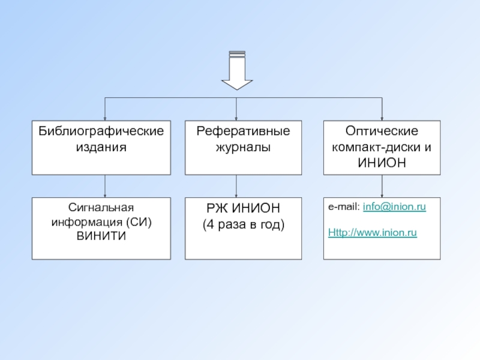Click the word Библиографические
click(101, 131)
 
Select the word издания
click(101, 147)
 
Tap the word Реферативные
click(243, 131)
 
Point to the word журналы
click(243, 147)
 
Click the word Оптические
click(382, 131)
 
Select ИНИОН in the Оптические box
click(382, 163)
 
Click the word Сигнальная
click(101, 208)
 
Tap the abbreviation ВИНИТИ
click(101, 236)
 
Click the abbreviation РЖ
click(217, 208)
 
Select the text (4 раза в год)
click(244, 224)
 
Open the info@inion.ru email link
click(394, 207)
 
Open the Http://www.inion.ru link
click(372, 233)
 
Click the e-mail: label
click(344, 207)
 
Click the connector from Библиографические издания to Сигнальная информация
click(105, 186)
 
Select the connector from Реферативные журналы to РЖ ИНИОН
click(236, 186)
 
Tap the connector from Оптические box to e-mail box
click(382, 186)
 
